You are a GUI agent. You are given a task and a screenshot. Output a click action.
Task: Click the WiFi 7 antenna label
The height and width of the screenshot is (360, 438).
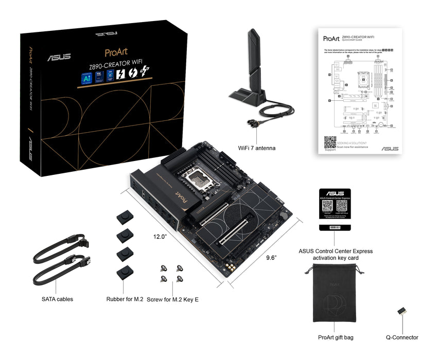(x=256, y=148)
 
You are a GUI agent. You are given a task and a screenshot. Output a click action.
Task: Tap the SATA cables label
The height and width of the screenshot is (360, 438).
(x=57, y=299)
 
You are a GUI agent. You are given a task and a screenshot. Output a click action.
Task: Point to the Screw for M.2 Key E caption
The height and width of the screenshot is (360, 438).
(x=172, y=299)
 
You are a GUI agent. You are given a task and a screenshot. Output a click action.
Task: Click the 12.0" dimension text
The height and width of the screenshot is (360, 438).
(x=160, y=237)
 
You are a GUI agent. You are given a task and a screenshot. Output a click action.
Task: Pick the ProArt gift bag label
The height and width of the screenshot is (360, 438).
(x=335, y=337)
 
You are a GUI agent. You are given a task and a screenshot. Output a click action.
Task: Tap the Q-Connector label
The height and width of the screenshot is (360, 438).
(x=402, y=337)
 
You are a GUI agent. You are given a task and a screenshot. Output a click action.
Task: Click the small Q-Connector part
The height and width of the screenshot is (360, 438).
(x=401, y=312)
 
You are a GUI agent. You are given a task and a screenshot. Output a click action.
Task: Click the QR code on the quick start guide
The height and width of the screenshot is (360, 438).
(x=330, y=142)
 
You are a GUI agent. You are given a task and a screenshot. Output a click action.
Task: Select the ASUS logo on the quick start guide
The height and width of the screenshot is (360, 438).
(x=390, y=149)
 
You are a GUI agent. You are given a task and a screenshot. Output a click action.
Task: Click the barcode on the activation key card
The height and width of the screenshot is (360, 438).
(x=334, y=226)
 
